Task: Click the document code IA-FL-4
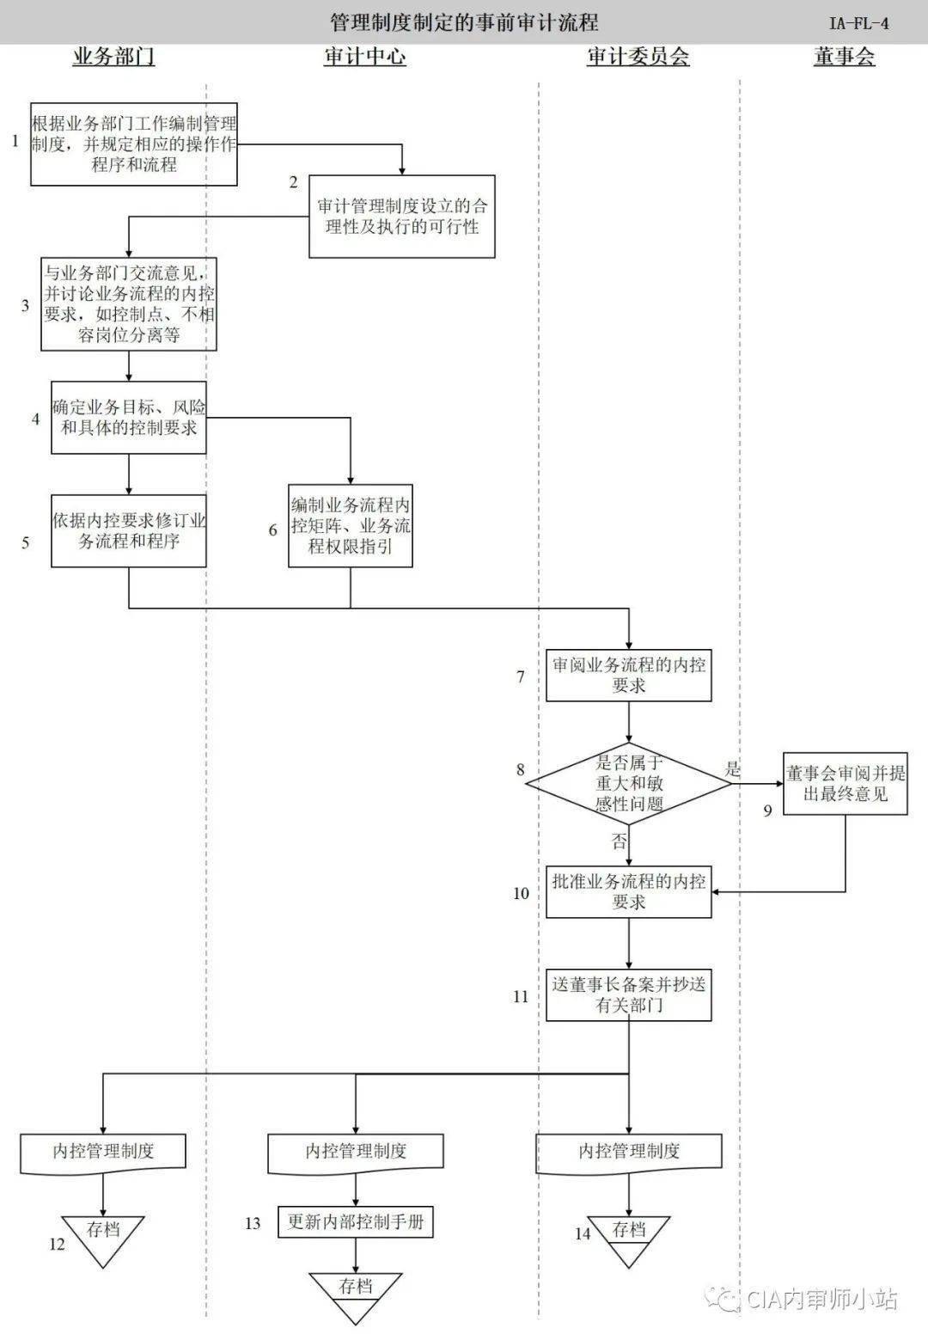[x=858, y=23]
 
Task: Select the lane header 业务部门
[x=113, y=58]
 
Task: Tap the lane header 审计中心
[x=364, y=58]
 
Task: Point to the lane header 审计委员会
[x=638, y=58]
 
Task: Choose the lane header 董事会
[x=844, y=58]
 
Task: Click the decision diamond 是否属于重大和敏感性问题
[x=629, y=783]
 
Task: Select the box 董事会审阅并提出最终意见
[x=846, y=783]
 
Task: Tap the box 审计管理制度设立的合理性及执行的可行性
[x=402, y=217]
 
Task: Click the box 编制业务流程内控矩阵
[x=351, y=525]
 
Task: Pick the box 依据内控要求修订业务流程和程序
[x=129, y=530]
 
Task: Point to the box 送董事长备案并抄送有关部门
[x=629, y=994]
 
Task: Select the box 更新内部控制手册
[x=356, y=1221]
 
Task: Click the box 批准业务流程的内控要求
[x=629, y=891]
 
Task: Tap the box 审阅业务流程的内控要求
[x=629, y=676]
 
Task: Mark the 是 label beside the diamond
[x=733, y=769]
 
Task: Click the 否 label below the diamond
[x=619, y=841]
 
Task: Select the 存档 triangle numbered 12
[x=103, y=1236]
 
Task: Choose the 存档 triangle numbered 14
[x=629, y=1236]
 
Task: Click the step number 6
[x=273, y=530]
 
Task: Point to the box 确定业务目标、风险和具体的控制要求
[x=129, y=417]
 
